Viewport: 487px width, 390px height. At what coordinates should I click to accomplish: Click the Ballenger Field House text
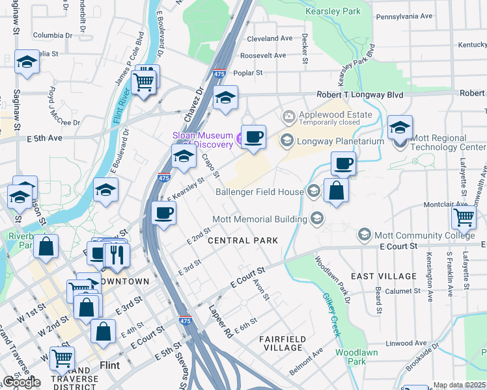(x=260, y=192)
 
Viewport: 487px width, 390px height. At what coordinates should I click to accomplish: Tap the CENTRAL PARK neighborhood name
(x=243, y=240)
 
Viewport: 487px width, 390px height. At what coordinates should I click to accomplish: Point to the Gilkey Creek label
(x=331, y=315)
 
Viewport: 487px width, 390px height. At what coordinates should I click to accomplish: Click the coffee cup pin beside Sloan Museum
(x=254, y=136)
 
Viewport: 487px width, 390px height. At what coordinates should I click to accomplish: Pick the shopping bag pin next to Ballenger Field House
(x=336, y=190)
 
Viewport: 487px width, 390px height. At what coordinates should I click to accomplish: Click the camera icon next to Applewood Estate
(x=288, y=116)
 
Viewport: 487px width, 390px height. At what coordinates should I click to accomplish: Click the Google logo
(x=21, y=382)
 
